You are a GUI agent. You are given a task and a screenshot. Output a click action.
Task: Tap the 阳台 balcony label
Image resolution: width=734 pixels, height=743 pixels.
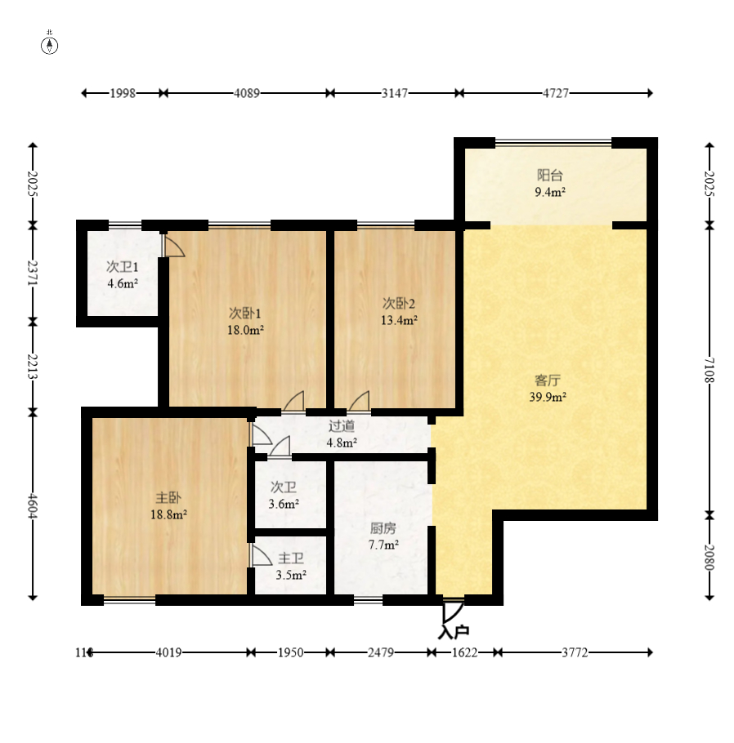coord(550,176)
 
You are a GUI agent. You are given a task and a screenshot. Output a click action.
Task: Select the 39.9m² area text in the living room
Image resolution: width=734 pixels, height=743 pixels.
coord(548,397)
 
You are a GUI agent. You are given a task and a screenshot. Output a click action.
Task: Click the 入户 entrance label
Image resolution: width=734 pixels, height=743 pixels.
coord(454,632)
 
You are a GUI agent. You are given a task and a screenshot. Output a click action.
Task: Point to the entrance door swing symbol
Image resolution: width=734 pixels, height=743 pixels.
coord(453,612)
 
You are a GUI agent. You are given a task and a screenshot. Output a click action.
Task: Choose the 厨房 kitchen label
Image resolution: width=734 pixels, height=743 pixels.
coord(383,528)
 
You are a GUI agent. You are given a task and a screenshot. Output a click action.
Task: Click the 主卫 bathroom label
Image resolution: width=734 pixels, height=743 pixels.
coord(291,558)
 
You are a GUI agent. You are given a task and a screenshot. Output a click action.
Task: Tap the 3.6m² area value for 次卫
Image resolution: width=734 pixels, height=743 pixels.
coord(284,504)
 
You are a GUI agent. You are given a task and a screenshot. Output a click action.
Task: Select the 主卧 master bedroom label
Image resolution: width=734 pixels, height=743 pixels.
coord(168,497)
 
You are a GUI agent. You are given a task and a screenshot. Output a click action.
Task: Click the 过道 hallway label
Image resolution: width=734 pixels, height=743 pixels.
coord(342,426)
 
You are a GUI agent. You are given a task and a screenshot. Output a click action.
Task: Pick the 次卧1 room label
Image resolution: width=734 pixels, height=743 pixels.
coord(245,314)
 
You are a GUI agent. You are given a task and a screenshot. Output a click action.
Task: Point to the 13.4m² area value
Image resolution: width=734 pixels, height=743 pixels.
coord(399,320)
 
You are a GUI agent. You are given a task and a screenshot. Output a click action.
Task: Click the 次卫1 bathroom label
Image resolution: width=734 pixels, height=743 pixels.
coord(123,267)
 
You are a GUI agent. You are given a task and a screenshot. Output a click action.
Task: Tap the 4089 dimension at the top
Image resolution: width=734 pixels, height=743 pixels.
coord(247,93)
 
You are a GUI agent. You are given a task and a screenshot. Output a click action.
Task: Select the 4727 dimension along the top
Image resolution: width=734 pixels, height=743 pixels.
coord(556,93)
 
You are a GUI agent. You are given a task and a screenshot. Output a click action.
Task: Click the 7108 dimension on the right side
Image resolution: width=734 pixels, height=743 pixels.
coord(709,370)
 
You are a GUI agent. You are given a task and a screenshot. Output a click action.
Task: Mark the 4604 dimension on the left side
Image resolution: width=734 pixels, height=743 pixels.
coord(32,505)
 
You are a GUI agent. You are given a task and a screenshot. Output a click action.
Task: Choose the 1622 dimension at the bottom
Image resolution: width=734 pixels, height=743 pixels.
coord(464,652)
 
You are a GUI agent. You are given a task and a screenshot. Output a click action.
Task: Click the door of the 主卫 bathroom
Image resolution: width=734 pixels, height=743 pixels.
coord(261,555)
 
